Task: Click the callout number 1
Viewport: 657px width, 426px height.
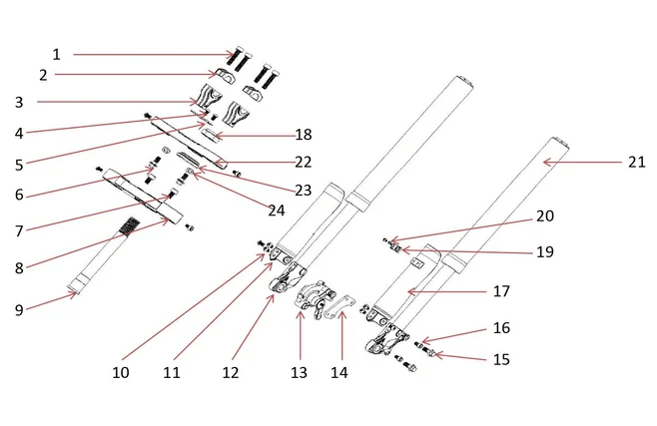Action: tap(57, 54)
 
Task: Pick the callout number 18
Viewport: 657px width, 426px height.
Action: tap(304, 135)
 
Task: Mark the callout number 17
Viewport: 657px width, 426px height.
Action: tap(501, 291)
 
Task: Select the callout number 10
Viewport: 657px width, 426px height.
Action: tap(120, 372)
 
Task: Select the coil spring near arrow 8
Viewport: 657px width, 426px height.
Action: tap(126, 226)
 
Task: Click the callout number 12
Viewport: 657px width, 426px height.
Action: tap(232, 372)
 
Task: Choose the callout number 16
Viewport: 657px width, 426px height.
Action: tap(501, 328)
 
